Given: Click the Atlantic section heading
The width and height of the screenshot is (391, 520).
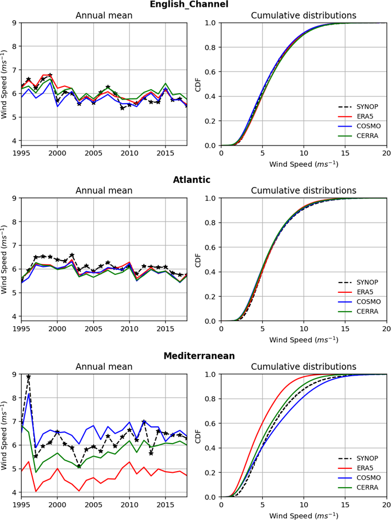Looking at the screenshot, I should pyautogui.click(x=191, y=180).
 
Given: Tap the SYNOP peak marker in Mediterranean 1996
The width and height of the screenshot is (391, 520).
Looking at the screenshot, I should pyautogui.click(x=29, y=377).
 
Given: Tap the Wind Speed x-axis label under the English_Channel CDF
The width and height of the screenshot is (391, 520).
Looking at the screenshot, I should pyautogui.click(x=304, y=164).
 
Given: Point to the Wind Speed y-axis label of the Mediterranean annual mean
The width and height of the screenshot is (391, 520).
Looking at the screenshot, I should pyautogui.click(x=5, y=435).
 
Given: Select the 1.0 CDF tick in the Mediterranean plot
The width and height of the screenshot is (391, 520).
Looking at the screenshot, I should pyautogui.click(x=212, y=374).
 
